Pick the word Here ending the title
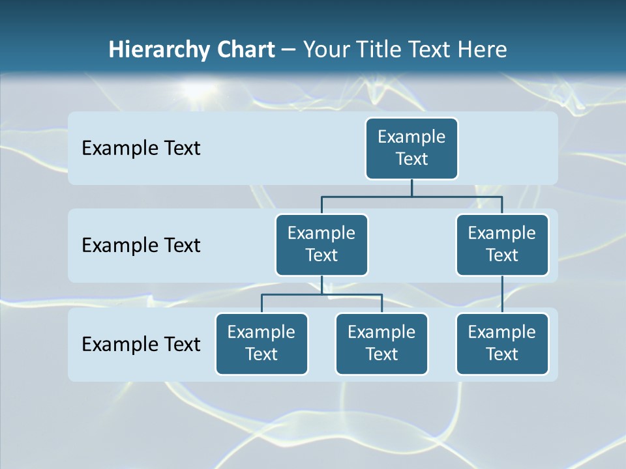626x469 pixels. click(x=481, y=50)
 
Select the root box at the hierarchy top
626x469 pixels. click(x=411, y=149)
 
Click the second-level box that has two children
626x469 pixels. click(x=321, y=245)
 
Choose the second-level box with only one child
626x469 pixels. click(x=502, y=245)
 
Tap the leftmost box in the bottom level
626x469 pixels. click(x=261, y=344)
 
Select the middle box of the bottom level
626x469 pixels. click(x=381, y=344)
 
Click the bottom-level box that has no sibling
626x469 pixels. click(x=502, y=344)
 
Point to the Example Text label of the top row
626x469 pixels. click(x=141, y=149)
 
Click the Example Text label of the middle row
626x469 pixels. click(x=141, y=246)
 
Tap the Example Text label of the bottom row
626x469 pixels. click(x=141, y=344)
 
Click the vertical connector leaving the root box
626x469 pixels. click(x=411, y=188)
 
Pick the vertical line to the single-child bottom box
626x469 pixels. click(x=502, y=294)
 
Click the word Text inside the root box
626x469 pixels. click(x=411, y=159)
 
